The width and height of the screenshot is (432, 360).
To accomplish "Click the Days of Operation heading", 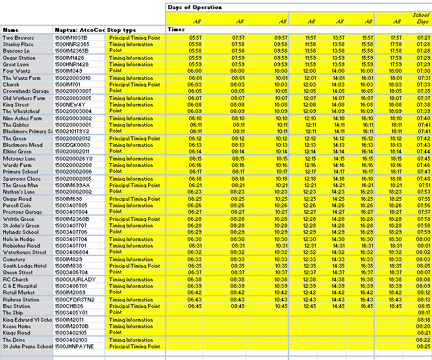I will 194,8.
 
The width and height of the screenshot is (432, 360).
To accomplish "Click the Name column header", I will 10,30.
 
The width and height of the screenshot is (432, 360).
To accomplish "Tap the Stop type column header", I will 122,30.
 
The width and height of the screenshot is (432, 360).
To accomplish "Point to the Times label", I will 176,30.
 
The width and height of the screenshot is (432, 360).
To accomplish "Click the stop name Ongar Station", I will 20,58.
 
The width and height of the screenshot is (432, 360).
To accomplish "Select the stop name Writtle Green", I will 20,219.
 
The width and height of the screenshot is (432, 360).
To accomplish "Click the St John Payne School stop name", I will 27,346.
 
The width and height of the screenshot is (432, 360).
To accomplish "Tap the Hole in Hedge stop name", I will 20,239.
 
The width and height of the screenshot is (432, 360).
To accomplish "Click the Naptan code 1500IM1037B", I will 71,38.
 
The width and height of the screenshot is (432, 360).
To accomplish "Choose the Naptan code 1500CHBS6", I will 70,306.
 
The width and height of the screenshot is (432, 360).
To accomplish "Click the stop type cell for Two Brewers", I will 134,38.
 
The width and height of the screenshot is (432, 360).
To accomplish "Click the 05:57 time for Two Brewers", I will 196,38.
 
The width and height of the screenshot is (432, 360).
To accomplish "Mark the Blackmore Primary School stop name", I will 27,131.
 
